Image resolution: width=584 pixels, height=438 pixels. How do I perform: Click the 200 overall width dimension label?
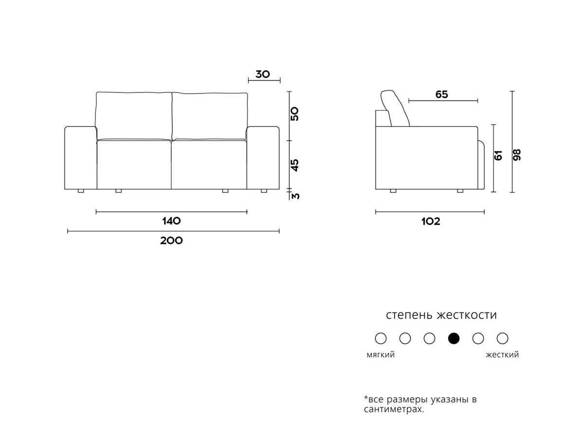pyautogui.click(x=171, y=241)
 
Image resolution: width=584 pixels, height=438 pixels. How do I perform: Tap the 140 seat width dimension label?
pyautogui.click(x=171, y=221)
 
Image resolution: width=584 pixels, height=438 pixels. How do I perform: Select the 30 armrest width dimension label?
pyautogui.click(x=263, y=74)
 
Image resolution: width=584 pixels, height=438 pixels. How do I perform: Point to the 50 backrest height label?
pyautogui.click(x=295, y=114)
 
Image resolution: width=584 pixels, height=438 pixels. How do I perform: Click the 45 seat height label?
pyautogui.click(x=295, y=165)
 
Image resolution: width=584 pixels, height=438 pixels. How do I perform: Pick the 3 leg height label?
pyautogui.click(x=295, y=196)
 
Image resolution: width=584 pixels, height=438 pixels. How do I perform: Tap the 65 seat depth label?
pyautogui.click(x=442, y=94)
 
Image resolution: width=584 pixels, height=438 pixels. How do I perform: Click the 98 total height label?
pyautogui.click(x=517, y=155)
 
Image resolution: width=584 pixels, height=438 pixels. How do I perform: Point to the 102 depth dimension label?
pyautogui.click(x=431, y=221)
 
